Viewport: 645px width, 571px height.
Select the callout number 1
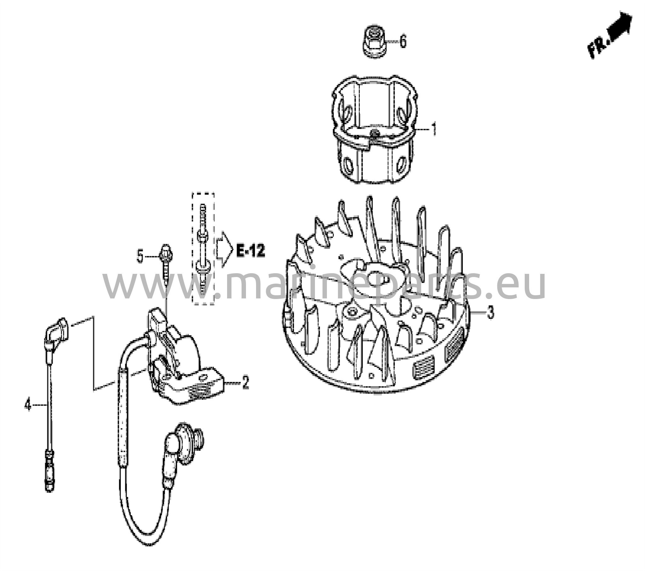pyautogui.click(x=435, y=130)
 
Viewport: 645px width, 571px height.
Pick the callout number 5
pyautogui.click(x=140, y=256)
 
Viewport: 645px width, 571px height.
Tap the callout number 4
pyautogui.click(x=28, y=404)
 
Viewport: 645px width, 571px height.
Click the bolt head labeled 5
pyautogui.click(x=167, y=252)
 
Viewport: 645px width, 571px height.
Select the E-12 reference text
pyautogui.click(x=251, y=252)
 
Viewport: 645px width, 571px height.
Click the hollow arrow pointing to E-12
pyautogui.click(x=224, y=250)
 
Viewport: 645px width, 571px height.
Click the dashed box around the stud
pyautogui.click(x=203, y=249)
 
